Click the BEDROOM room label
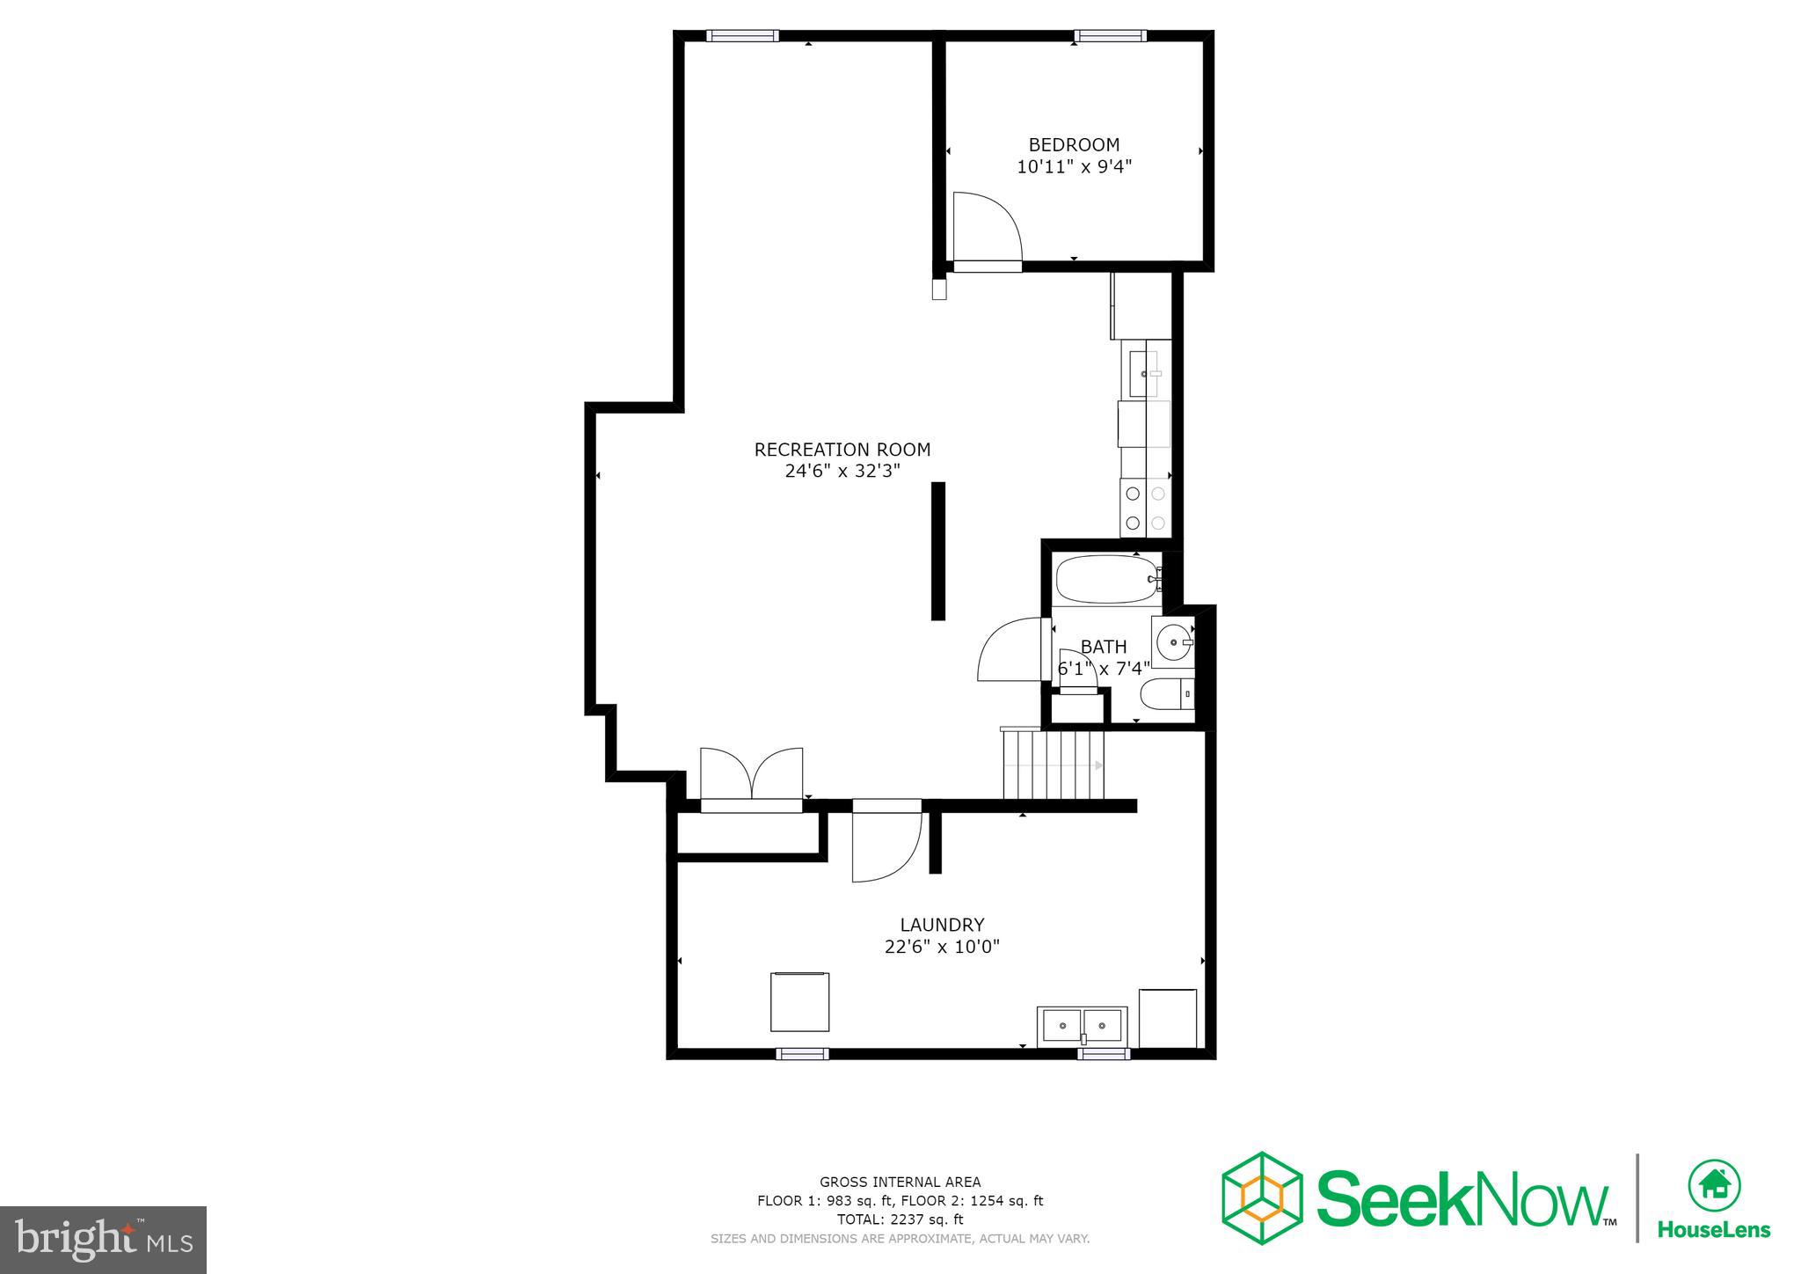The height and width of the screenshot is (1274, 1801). [1074, 144]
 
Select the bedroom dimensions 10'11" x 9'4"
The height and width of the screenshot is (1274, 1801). [1074, 167]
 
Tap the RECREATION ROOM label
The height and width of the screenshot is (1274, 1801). [842, 450]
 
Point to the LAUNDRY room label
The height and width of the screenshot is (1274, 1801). [942, 925]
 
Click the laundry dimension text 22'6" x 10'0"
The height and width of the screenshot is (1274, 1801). [942, 947]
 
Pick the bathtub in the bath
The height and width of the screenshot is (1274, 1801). [1106, 579]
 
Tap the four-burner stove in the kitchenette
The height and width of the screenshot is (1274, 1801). [1146, 508]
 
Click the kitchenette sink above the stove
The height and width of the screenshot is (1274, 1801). [1144, 375]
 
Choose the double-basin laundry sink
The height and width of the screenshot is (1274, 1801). [1082, 1026]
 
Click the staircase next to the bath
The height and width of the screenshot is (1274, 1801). [1053, 764]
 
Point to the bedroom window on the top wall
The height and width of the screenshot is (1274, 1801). [1111, 36]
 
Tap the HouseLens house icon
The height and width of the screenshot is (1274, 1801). [1714, 1185]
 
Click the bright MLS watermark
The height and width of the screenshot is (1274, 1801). [103, 1240]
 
